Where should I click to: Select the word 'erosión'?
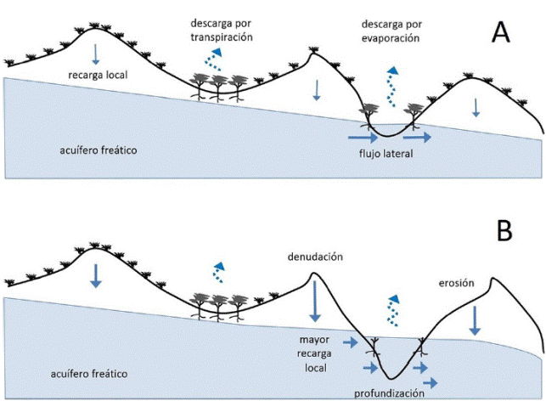(x=456, y=283)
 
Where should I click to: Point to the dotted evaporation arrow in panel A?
(x=391, y=83)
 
